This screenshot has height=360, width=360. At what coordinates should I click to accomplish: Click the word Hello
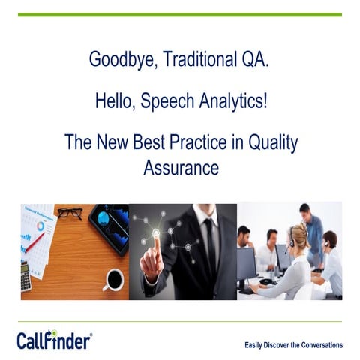(x=114, y=101)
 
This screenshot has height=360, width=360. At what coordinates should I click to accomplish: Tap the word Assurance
(x=181, y=167)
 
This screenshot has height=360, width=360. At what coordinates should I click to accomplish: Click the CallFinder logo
(x=54, y=340)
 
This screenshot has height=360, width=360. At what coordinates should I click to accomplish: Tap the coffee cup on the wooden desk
(x=113, y=279)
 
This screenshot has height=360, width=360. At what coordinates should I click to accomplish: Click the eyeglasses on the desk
(x=70, y=214)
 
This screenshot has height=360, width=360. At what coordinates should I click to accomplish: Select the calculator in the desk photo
(x=26, y=276)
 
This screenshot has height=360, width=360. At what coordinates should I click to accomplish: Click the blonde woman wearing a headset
(x=292, y=262)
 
